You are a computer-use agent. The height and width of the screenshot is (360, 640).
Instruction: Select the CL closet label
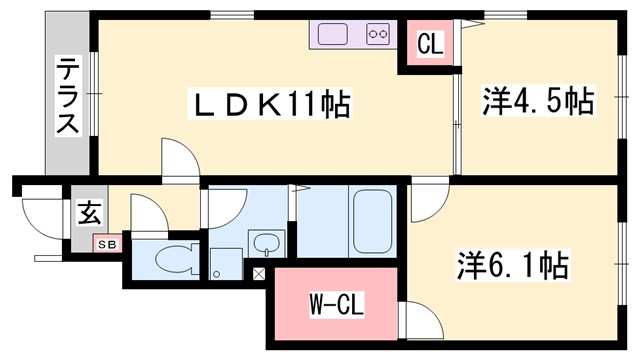[430, 44]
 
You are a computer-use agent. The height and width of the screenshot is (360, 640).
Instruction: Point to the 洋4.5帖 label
[538, 102]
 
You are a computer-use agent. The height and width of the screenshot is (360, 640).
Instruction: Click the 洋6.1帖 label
[513, 265]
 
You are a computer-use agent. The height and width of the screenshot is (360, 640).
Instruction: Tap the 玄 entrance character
[89, 213]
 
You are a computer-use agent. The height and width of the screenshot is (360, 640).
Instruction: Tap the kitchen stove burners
[377, 34]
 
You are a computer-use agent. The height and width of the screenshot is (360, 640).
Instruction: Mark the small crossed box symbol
[259, 272]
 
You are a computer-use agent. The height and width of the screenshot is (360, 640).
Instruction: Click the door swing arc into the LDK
[178, 158]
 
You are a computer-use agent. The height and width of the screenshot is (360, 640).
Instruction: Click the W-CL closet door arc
[420, 322]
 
